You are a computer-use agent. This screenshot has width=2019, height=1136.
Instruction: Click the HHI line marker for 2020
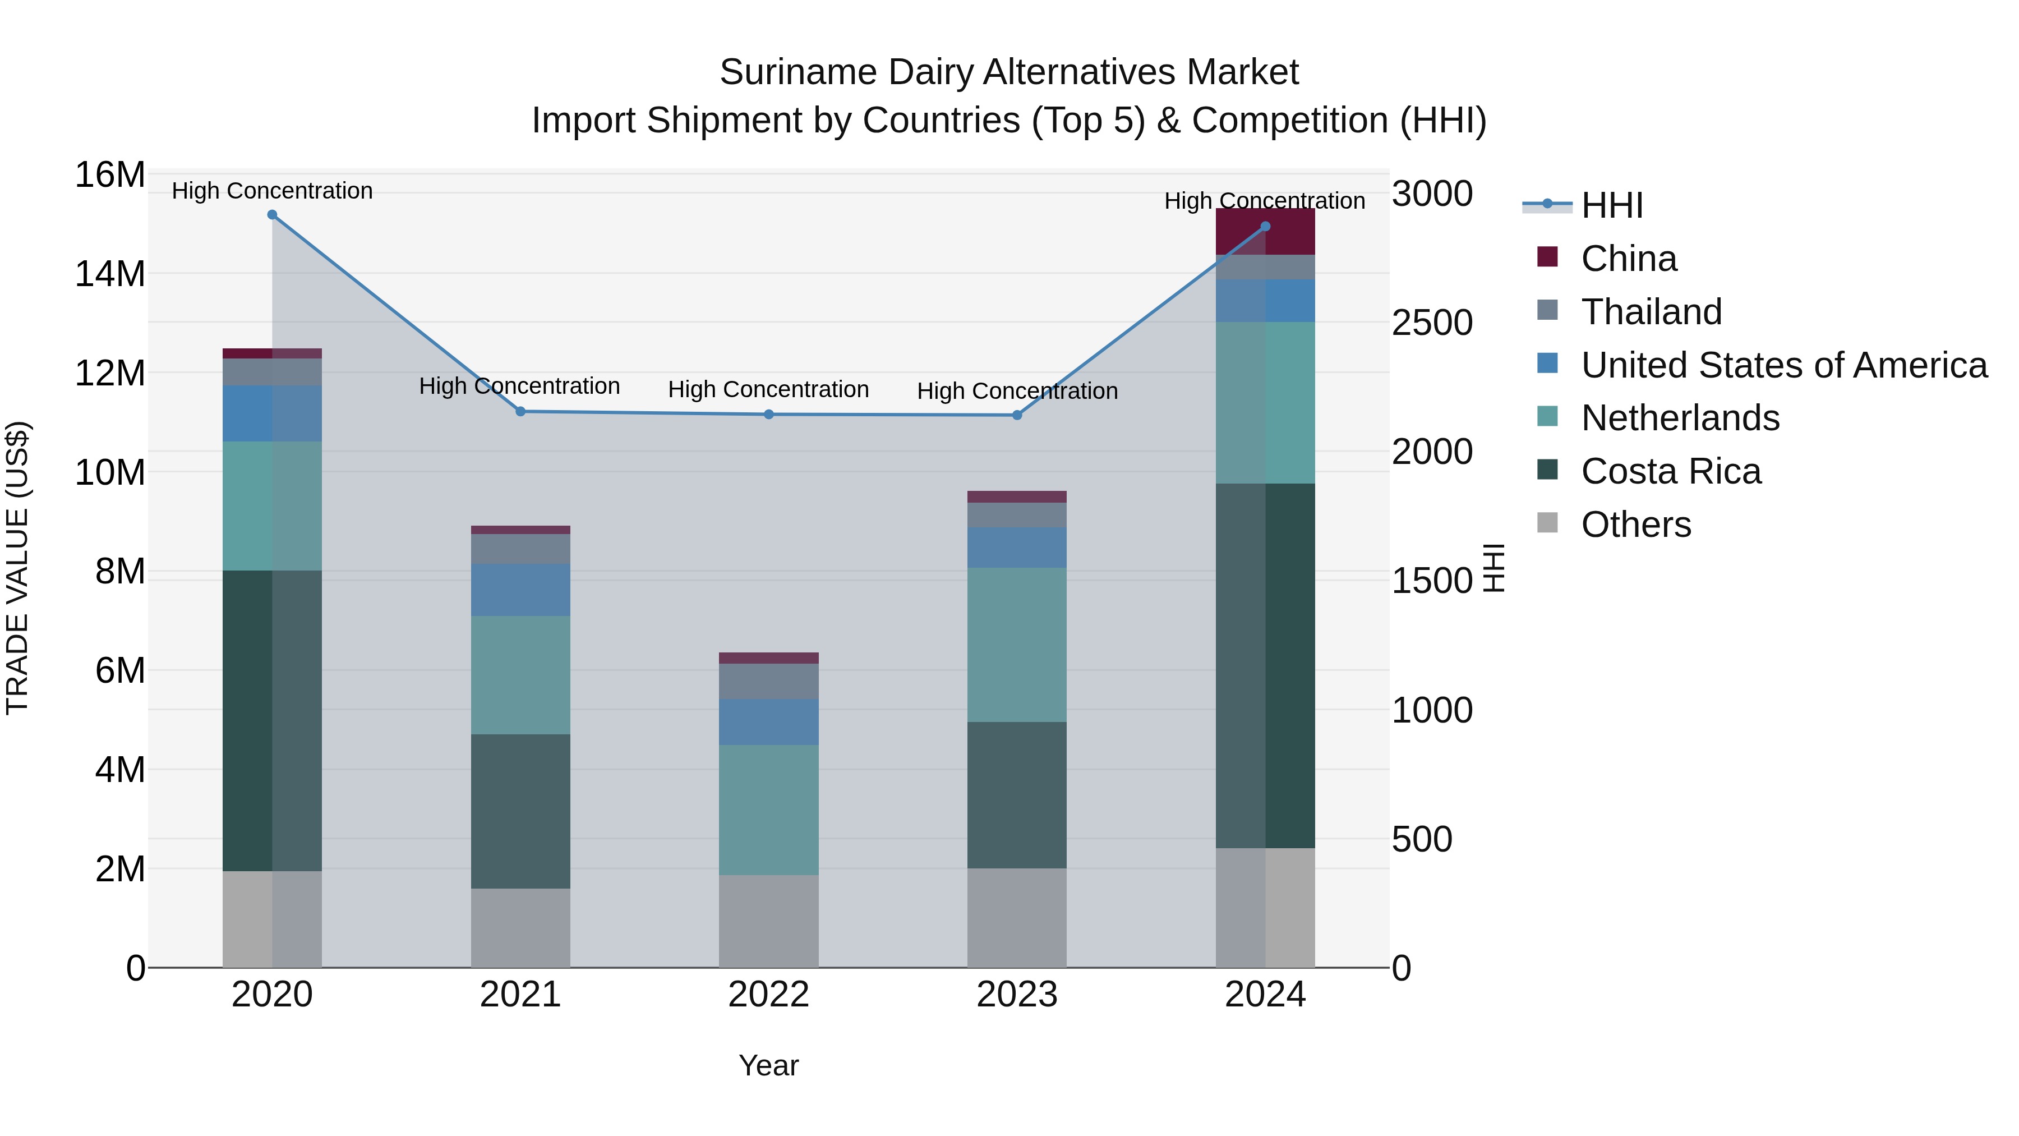[x=272, y=215]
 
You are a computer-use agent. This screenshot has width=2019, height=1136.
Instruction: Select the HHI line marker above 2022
[x=769, y=414]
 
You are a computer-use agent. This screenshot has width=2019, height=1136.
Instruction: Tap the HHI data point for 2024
[x=1265, y=227]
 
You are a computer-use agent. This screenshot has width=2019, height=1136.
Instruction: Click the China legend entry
[x=1629, y=259]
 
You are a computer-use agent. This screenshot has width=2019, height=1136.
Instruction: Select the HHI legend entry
[x=1611, y=205]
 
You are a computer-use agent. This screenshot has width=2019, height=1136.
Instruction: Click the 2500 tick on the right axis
[x=1432, y=323]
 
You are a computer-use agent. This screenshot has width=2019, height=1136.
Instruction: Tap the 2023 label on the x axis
[x=1017, y=995]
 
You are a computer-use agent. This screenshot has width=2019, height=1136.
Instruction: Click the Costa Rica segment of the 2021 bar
[x=520, y=811]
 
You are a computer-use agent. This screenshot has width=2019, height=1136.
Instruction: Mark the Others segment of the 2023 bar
[x=1017, y=917]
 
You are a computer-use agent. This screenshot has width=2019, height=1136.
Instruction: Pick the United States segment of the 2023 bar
[x=1017, y=547]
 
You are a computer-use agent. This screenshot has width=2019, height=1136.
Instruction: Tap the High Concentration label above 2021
[x=520, y=386]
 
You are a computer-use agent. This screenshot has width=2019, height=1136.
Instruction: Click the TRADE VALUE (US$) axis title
[x=17, y=568]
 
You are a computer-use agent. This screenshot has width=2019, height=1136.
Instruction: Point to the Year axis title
[x=768, y=1065]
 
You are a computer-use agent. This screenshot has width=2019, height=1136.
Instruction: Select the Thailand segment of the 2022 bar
[x=769, y=681]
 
